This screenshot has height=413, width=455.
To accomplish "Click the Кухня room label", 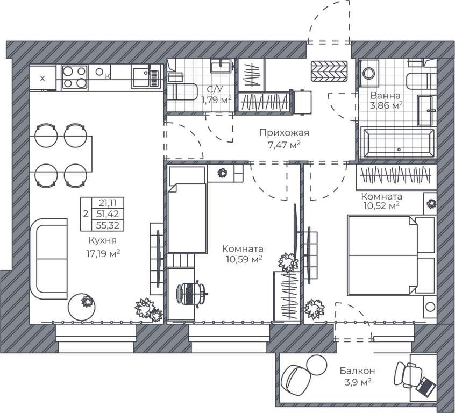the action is tap(102, 240).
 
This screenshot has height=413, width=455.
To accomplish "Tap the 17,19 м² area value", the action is tap(103, 254).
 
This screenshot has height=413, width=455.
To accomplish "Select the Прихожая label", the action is tap(284, 133).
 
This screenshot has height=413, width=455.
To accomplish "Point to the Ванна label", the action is tap(386, 96).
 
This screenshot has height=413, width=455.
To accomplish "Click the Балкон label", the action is tap(358, 371).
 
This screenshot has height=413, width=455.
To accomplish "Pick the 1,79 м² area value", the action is tap(216, 100).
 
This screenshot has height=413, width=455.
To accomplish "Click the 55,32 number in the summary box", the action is tap(108, 225).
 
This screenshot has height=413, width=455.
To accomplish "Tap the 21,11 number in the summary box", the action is tap(107, 202).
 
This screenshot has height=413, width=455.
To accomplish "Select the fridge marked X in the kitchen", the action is tap(42, 78).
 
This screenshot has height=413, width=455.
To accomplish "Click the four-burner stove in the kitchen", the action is tap(75, 77).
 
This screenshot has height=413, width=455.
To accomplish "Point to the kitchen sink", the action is tap(146, 76).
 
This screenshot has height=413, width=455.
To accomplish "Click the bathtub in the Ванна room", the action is tap(397, 144).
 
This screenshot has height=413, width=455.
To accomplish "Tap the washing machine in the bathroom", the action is tap(369, 73).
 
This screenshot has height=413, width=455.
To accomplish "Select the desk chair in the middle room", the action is tap(191, 293).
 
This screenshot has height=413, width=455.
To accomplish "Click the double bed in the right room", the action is tap(391, 255).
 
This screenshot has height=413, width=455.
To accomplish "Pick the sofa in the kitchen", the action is tap(49, 259).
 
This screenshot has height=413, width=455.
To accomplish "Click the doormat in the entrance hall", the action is tap(329, 71).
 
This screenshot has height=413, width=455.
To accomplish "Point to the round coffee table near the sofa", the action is tap(82, 307).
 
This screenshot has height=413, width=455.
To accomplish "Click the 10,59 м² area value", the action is tap(244, 259).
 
